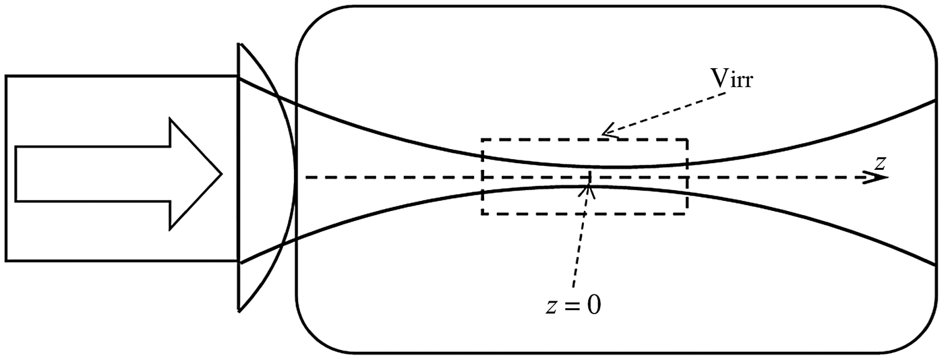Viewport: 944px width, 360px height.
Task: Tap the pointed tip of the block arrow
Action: tap(221, 174)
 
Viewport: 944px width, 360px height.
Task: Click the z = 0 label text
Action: tap(572, 305)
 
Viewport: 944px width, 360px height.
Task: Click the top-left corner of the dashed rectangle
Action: tap(483, 140)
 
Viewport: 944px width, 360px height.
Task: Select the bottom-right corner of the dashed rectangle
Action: tap(687, 214)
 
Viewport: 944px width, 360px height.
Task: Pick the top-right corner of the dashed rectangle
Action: tap(687, 140)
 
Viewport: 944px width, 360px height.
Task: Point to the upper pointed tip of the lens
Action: tap(239, 44)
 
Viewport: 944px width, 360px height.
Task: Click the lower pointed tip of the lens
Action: tap(239, 311)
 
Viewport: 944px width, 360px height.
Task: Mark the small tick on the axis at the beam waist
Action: tap(590, 177)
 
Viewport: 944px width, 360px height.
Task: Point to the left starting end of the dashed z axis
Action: tap(307, 177)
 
